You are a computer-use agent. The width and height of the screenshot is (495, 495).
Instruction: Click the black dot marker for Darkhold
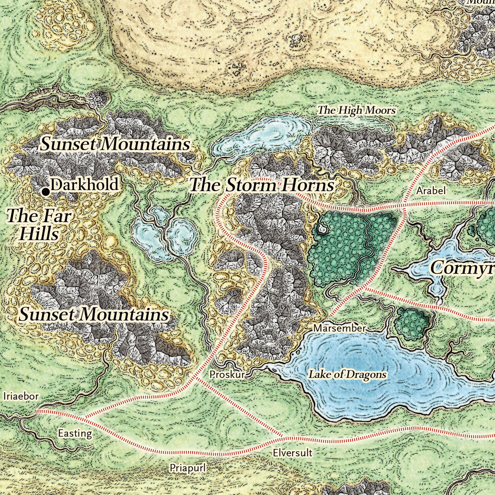[46, 191]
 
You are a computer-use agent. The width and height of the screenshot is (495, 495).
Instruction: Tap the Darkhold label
[85, 184]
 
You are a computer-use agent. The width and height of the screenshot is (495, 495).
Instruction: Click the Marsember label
[340, 328]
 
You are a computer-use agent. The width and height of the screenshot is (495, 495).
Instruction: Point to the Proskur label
[227, 374]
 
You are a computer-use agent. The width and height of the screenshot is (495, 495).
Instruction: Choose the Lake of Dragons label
[347, 374]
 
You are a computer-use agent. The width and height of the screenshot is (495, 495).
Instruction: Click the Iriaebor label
[21, 396]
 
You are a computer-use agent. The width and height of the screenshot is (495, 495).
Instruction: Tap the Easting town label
[75, 433]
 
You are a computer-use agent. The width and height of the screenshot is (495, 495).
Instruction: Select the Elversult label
[292, 453]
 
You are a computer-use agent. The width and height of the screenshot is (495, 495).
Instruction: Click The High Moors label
[356, 110]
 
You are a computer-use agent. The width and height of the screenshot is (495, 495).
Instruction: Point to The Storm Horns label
[262, 185]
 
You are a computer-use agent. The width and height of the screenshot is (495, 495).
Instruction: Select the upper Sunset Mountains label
[115, 144]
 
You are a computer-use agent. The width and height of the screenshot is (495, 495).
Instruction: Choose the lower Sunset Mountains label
[94, 314]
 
